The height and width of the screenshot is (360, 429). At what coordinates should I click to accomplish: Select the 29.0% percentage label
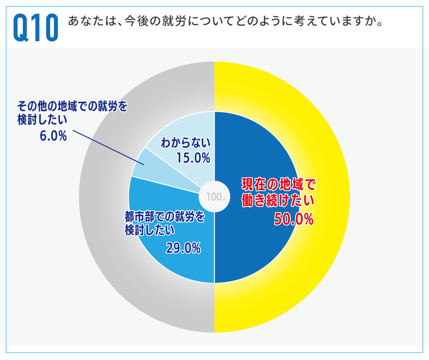click(x=183, y=249)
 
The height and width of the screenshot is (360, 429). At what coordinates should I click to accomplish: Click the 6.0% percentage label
click(x=53, y=136)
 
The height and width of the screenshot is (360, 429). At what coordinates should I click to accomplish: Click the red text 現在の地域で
click(x=278, y=185)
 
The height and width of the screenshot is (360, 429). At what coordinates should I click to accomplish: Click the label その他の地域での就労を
click(x=72, y=107)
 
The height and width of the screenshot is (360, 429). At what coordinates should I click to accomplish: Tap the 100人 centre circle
click(x=214, y=197)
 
